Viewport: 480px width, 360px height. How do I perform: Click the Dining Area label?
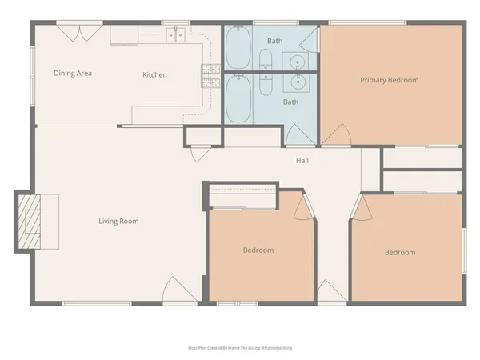pos(73,74)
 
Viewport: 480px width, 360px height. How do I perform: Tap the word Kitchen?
pos(154,74)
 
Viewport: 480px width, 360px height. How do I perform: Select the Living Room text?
pos(118,221)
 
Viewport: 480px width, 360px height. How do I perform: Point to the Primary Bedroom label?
pos(389,80)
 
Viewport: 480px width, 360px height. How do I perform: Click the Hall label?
pos(302,161)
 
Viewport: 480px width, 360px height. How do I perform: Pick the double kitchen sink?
pos(176,35)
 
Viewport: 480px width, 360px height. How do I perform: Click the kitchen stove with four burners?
pos(210,74)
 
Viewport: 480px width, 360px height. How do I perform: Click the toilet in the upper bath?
pos(265,59)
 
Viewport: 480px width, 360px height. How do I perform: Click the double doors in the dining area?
pos(79,32)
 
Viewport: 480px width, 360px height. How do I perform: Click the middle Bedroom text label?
pos(258,250)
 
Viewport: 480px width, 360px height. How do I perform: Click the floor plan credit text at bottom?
pos(240,348)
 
